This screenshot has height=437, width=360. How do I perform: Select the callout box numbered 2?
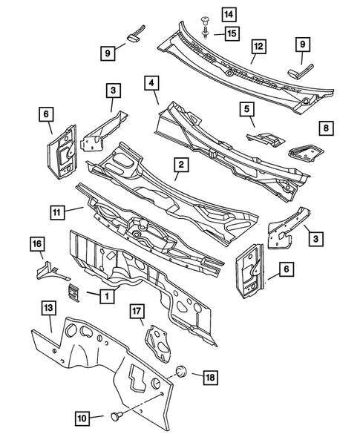pos(180,166)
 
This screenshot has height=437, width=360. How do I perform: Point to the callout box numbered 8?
pos(326,128)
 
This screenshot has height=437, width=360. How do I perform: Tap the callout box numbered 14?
pos(208,14)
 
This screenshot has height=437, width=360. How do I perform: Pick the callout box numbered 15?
pos(211,33)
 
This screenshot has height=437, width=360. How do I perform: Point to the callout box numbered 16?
pos(37,243)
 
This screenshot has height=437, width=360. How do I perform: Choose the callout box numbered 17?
pos(137,312)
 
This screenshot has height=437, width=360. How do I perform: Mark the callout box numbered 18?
pos(211,378)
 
